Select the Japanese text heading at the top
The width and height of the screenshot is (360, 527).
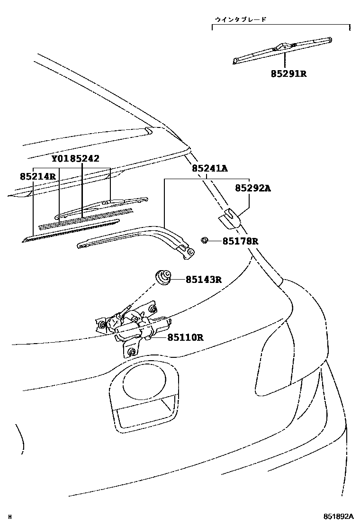coord(240,19)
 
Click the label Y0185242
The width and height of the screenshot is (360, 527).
coord(75,159)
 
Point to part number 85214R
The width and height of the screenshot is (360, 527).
coord(38,176)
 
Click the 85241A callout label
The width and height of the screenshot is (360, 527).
coord(210,169)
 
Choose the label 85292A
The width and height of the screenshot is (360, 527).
coord(253,188)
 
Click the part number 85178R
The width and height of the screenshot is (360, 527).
coord(241,241)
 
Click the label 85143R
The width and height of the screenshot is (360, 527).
coord(204,280)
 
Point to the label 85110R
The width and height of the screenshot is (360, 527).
coord(185,337)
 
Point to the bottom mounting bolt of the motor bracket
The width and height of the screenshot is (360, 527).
coord(131,351)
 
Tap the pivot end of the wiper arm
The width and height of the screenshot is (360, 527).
coord(188,253)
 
